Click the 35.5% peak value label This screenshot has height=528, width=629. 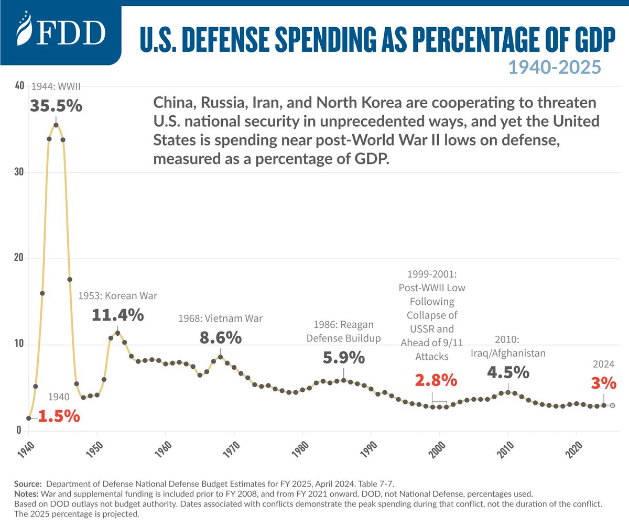tap(56, 106)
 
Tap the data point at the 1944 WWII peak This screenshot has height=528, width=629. tap(56, 125)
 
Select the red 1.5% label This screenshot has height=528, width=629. tap(59, 417)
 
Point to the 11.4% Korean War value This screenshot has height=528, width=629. tap(118, 315)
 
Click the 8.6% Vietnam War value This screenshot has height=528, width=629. tap(221, 337)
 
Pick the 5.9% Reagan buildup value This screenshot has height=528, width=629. tap(343, 358)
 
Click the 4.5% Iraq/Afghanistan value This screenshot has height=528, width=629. tap(508, 372)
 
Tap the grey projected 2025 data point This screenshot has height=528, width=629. tap(612, 405)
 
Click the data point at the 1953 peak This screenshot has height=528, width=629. tap(117, 333)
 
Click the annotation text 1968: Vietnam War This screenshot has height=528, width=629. tap(221, 318)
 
